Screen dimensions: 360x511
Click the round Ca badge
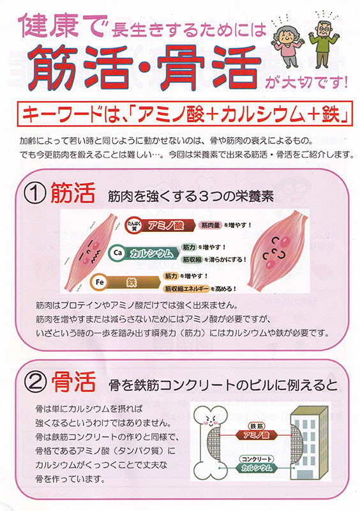click(117, 252)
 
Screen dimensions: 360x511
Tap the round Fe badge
click(99, 282)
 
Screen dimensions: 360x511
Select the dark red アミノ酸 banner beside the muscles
click(166, 225)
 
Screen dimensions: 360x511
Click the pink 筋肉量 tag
click(211, 225)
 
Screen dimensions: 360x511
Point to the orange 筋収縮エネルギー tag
click(186, 289)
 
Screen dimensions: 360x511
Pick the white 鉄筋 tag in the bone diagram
click(257, 425)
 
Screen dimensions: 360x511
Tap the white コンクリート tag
click(257, 459)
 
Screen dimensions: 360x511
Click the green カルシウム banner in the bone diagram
click(257, 468)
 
